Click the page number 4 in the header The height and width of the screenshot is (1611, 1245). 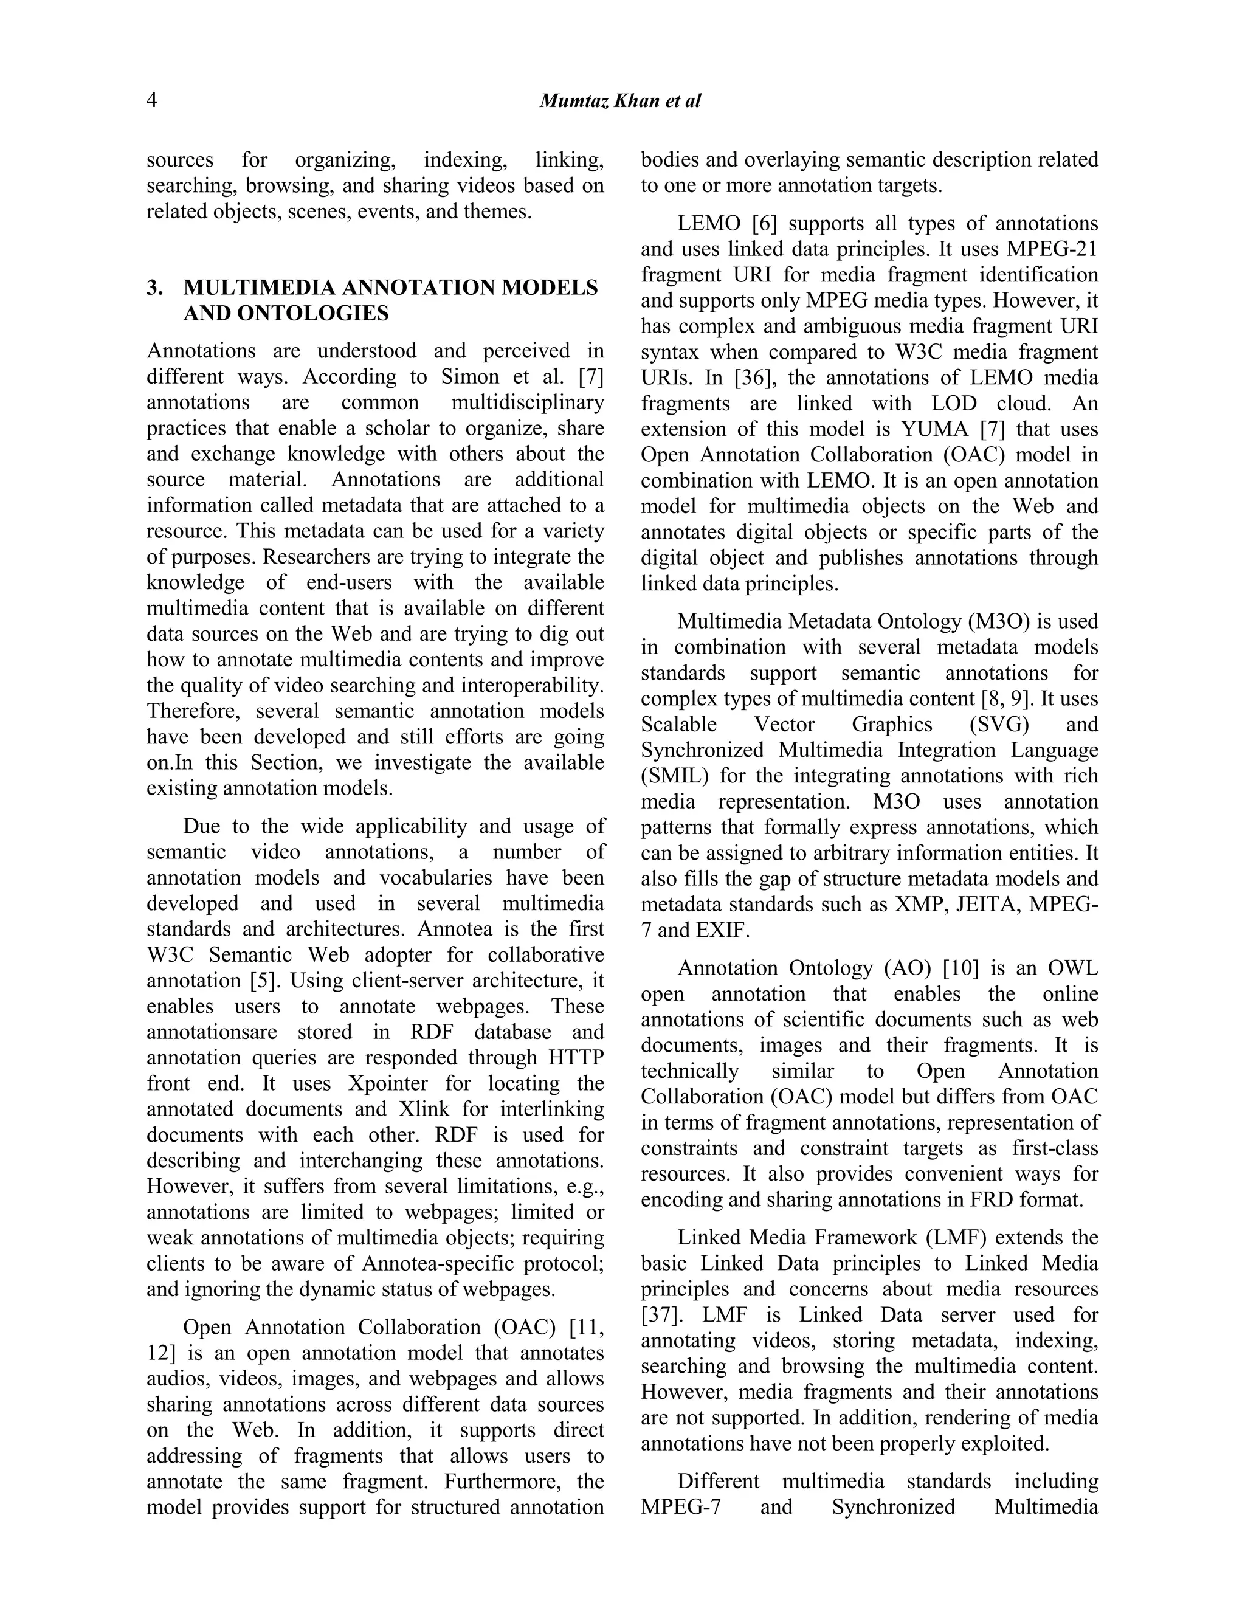[151, 100]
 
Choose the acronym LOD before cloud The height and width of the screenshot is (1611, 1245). [954, 404]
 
